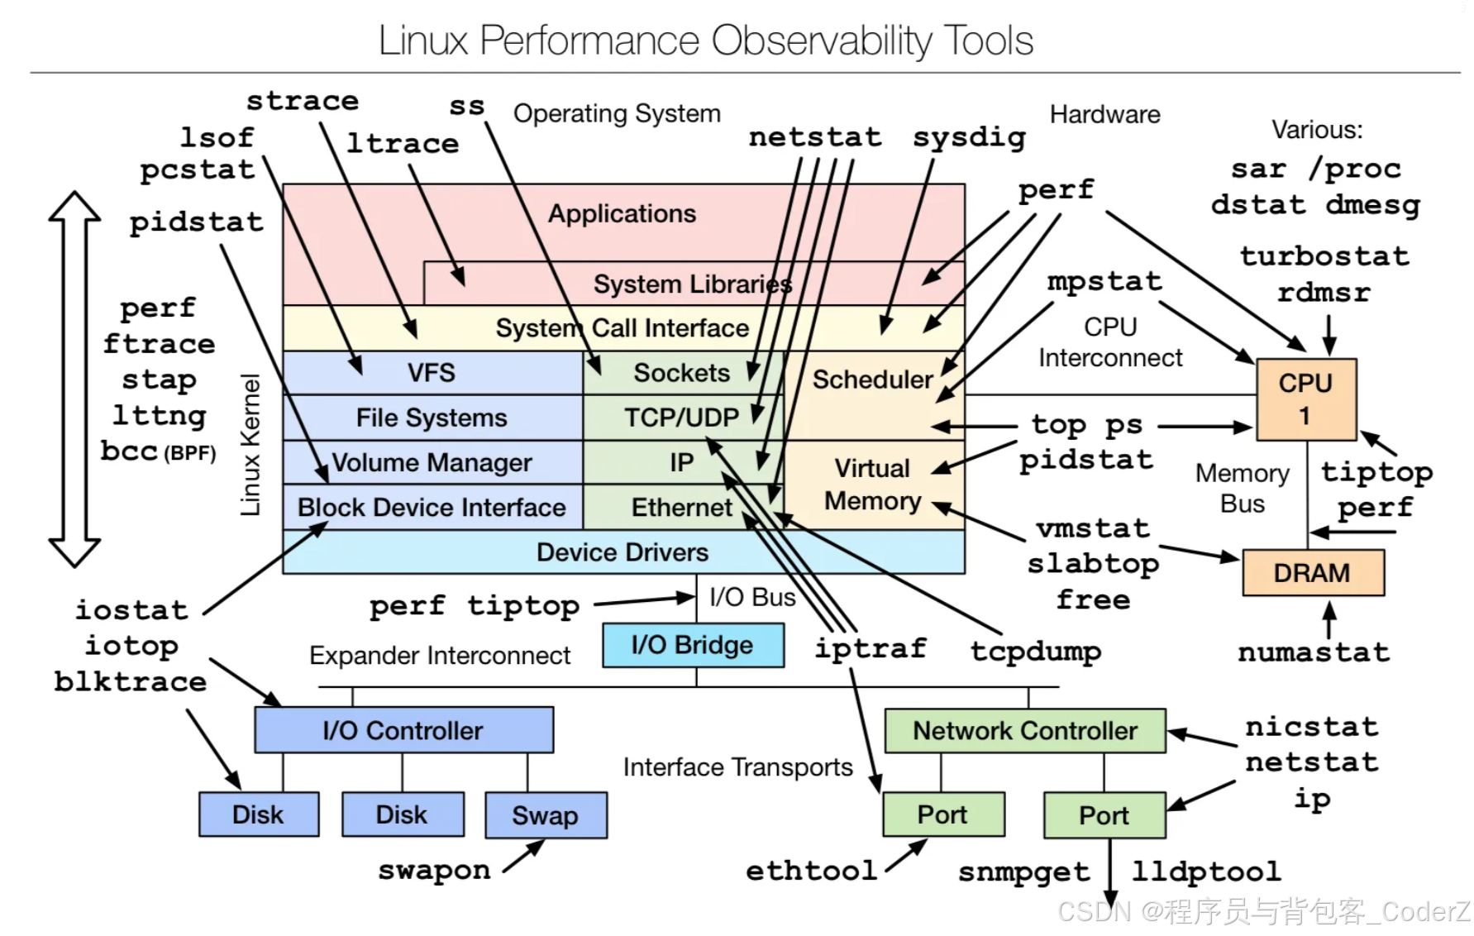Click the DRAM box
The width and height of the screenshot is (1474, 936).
(x=1312, y=573)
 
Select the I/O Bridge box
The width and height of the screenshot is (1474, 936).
(x=693, y=645)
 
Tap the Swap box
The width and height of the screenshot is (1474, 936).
(x=546, y=815)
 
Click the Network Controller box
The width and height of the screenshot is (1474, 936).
(x=1025, y=731)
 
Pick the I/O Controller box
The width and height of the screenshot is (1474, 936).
(x=403, y=730)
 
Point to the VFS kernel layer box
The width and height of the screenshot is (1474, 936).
(x=432, y=373)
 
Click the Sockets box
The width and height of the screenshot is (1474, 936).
(x=681, y=373)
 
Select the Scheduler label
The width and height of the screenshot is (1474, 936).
(x=872, y=380)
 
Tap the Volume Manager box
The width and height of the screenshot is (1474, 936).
(x=432, y=462)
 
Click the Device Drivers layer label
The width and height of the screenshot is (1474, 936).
(x=623, y=552)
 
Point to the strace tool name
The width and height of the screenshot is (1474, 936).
(x=303, y=101)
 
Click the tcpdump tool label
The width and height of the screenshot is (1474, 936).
(x=1036, y=651)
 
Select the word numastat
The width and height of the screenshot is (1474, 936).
(x=1314, y=652)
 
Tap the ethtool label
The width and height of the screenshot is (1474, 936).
(x=811, y=871)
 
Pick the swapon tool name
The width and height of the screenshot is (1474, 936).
(x=434, y=870)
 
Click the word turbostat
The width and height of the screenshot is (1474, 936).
(x=1324, y=256)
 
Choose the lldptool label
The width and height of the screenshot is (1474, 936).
(x=1206, y=872)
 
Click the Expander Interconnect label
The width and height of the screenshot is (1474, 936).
(x=440, y=656)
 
